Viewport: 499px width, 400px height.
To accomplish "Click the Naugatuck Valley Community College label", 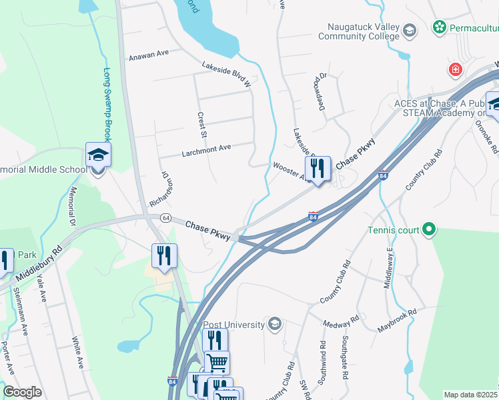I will click(x=363, y=31).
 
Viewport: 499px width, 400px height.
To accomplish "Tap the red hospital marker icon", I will click(x=456, y=69).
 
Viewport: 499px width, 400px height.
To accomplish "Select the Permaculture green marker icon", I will click(x=439, y=27).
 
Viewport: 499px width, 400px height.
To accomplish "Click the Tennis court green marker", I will click(x=429, y=231).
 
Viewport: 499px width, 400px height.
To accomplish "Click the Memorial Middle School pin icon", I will click(x=98, y=157).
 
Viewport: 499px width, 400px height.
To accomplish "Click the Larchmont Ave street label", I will click(x=206, y=150).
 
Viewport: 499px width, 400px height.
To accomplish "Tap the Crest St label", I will click(x=201, y=125).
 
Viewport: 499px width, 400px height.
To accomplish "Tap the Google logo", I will click(x=22, y=391).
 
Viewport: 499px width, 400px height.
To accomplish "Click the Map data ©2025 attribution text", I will click(x=470, y=395).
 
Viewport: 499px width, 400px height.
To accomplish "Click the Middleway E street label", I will click(x=389, y=267).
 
